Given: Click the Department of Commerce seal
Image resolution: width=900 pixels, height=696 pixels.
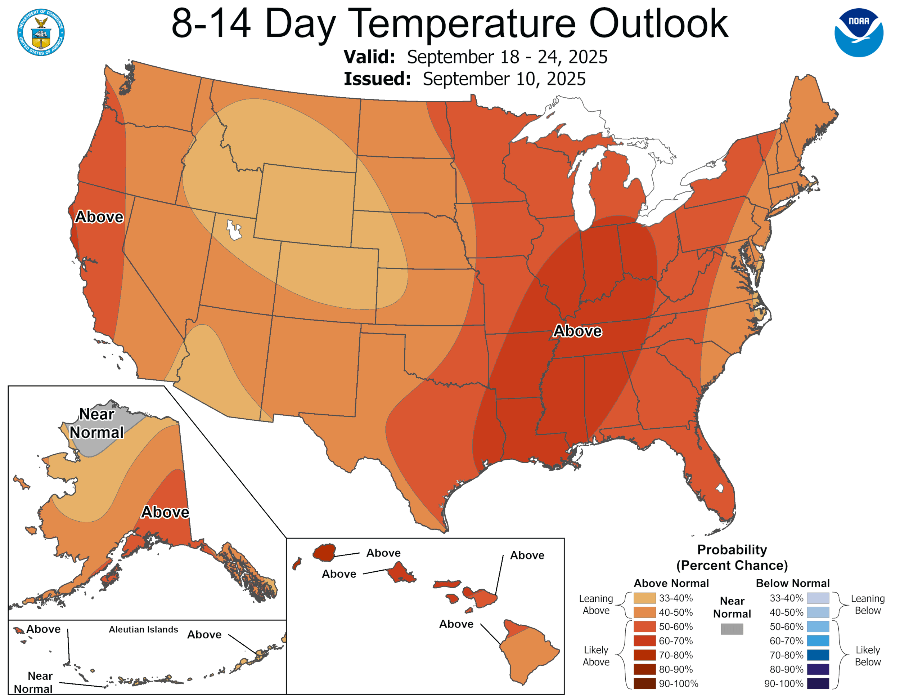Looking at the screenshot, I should coord(41,32).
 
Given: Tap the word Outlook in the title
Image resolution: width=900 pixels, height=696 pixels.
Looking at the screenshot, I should coord(658,24).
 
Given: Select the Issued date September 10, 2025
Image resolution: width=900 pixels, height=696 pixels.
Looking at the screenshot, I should coord(504,79).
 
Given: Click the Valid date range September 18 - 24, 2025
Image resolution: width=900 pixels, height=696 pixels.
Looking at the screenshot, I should coord(507,57).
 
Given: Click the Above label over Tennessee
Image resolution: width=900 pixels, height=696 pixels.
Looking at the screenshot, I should coord(577,331).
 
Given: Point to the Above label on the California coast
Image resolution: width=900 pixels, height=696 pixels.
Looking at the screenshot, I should coord(99,217).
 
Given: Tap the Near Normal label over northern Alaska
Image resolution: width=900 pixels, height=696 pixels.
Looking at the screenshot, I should coord(96,423).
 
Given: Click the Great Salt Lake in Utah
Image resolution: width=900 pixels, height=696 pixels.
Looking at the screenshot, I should coord(233,230).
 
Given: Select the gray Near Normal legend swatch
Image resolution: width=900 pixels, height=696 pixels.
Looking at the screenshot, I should coord(732,629).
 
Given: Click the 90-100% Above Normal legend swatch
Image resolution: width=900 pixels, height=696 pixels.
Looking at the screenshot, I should coord(644,683).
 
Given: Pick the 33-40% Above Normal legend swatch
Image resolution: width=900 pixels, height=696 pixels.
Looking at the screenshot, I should coord(644,598).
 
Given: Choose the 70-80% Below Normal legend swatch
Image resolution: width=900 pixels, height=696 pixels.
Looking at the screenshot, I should coord(818,655).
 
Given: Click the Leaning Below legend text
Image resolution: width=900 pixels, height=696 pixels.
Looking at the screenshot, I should coord(868,604).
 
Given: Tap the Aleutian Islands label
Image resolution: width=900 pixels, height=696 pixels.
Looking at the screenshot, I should coord(143,629).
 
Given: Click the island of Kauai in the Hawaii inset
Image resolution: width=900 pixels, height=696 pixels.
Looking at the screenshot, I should coord(324,552).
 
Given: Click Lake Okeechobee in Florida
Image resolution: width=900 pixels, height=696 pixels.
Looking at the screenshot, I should coord(720,488).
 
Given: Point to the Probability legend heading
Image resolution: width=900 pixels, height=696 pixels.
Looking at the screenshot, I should coord(732,550).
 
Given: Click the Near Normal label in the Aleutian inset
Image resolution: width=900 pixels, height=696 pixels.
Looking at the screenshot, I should coord(34,682).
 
